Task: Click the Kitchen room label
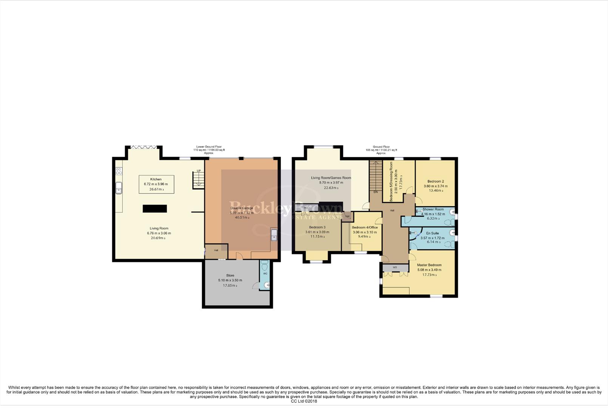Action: [156, 179]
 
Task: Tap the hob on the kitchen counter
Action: [119, 171]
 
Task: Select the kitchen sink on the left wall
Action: [119, 188]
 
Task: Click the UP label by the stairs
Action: [199, 171]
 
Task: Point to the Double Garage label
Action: [242, 208]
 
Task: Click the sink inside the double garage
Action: [274, 235]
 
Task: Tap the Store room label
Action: [230, 275]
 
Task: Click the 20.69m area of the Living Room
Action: [159, 238]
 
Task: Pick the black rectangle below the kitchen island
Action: [155, 209]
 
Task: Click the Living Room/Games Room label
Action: [331, 178]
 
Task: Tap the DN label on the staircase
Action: [375, 192]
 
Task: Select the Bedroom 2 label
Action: [435, 181]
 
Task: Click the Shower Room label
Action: [433, 209]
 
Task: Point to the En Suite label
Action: [432, 233]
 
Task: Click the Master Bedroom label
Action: [429, 265]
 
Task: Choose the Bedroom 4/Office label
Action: [364, 227]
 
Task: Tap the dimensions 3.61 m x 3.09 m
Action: [317, 232]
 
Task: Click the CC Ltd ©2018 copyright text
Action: [304, 401]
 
